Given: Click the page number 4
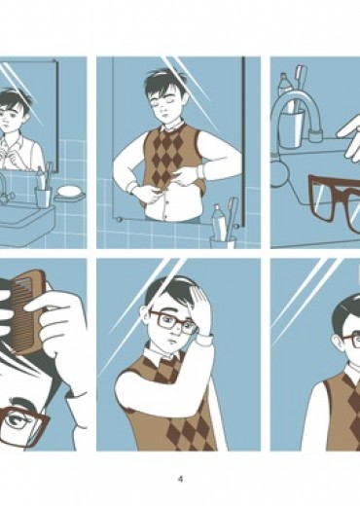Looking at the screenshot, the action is click(x=181, y=479).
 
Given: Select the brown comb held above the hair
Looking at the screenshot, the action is click(x=27, y=312).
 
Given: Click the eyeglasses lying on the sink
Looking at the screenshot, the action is click(x=335, y=200).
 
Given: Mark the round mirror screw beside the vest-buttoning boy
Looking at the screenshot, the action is click(x=119, y=219).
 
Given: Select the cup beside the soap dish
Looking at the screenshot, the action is click(x=44, y=198).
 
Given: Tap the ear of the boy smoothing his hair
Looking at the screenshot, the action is click(x=144, y=313).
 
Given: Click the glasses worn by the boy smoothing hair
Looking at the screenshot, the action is click(x=173, y=322).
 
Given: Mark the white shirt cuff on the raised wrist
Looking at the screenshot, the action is click(x=205, y=340).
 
